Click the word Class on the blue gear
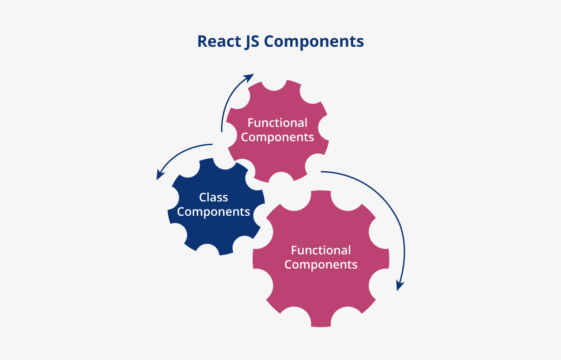point(213,197)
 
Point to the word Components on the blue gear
point(213,212)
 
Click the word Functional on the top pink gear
point(277,123)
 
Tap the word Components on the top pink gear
point(277,137)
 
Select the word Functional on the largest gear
point(321,250)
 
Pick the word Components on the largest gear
point(321,265)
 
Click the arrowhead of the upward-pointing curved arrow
point(250,78)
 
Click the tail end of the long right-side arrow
point(322,171)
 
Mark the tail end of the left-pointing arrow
point(213,144)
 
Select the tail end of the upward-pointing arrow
point(221,131)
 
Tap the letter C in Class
point(202,197)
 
